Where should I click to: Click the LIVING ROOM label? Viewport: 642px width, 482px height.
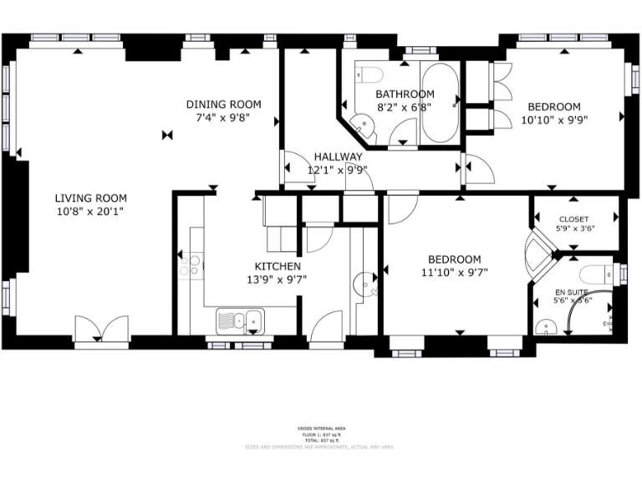(x=90, y=198)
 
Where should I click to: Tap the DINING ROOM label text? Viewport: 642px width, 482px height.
(x=223, y=105)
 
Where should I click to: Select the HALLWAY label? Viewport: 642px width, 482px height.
(x=338, y=156)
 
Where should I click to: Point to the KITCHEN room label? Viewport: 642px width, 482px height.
(x=273, y=266)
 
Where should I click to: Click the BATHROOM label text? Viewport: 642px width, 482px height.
(x=405, y=94)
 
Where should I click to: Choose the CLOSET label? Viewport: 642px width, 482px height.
(x=573, y=219)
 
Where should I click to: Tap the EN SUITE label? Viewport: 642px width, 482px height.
(x=572, y=291)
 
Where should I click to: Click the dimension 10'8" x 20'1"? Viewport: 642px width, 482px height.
(x=90, y=213)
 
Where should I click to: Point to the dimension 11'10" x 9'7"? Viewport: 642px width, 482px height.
(x=454, y=272)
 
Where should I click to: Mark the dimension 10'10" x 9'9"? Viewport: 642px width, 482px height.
(x=553, y=120)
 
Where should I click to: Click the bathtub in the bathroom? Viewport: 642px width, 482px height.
(x=440, y=103)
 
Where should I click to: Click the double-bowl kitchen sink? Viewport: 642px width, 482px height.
(x=241, y=320)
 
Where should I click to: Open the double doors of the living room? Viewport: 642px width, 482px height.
(x=101, y=330)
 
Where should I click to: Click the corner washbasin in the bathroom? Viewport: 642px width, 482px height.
(x=364, y=127)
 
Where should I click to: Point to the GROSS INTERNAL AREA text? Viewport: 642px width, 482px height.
(x=320, y=428)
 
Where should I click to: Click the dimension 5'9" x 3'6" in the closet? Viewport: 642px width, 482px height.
(x=573, y=228)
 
